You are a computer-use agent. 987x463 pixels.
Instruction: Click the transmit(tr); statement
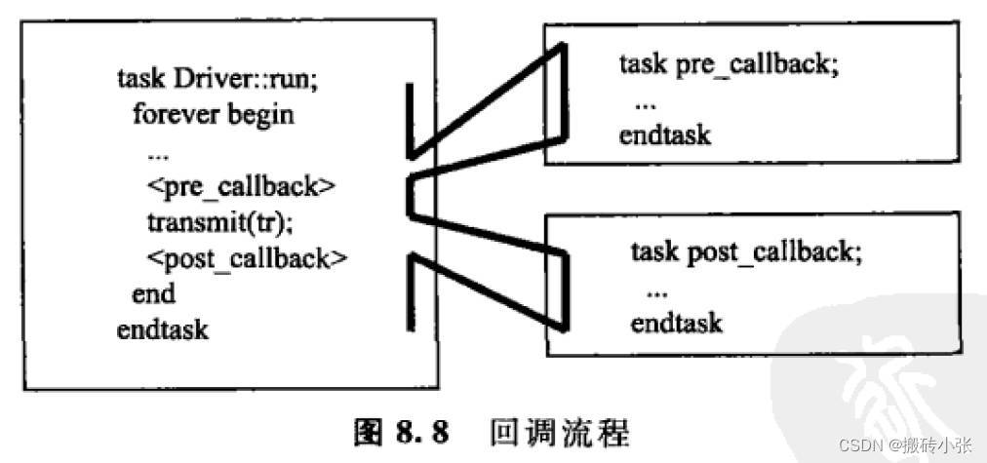tap(219, 222)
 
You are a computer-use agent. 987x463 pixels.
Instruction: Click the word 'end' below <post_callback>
tap(153, 293)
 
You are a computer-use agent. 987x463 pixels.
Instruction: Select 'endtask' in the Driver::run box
tap(163, 329)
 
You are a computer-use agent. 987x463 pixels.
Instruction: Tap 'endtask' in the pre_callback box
tap(665, 135)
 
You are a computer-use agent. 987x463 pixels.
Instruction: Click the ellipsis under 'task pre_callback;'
tap(646, 101)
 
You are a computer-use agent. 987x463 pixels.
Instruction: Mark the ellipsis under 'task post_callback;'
tap(657, 289)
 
